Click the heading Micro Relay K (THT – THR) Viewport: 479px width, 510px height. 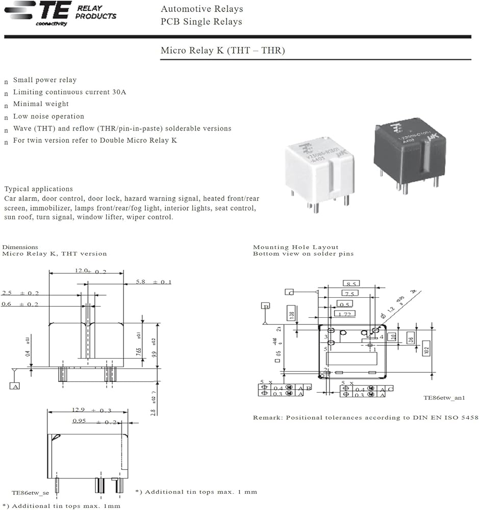tap(222, 50)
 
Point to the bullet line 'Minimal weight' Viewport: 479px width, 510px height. tap(41, 104)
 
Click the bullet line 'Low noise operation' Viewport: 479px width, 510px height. tap(48, 116)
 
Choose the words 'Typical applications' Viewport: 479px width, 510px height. tap(38, 189)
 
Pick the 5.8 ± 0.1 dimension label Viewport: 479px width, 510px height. tap(154, 282)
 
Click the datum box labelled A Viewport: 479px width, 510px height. tap(14, 386)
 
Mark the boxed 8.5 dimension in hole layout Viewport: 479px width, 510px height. tap(352, 284)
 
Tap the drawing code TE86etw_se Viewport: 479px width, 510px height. tap(30, 493)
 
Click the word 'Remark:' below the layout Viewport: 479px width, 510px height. tap(268, 418)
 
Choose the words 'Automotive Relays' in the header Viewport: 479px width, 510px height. tap(201, 9)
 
